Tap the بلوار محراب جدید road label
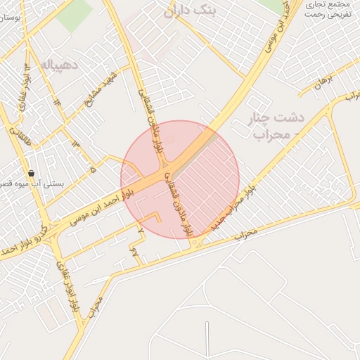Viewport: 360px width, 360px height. click(231, 206)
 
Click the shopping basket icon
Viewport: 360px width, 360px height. click(31, 173)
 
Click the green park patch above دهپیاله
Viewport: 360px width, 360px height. click(74, 17)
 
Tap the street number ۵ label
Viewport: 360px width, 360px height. click(93, 169)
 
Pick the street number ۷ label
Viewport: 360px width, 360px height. click(141, 230)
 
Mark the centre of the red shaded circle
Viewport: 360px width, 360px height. click(180, 179)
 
